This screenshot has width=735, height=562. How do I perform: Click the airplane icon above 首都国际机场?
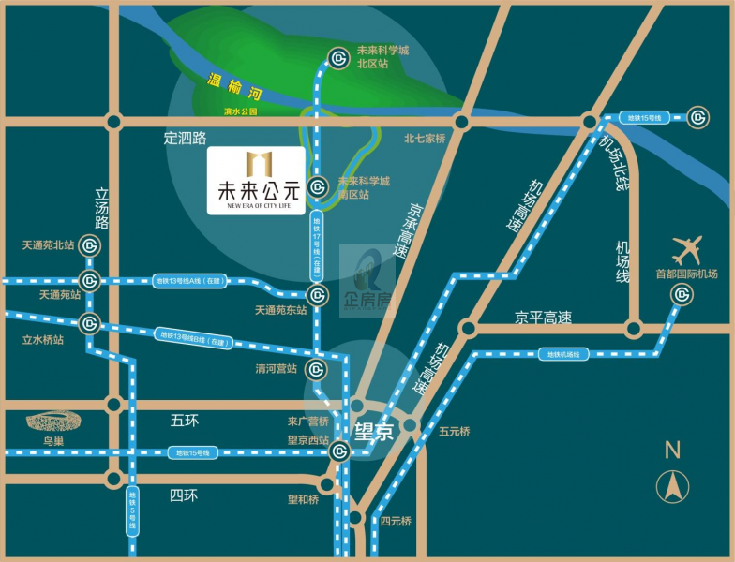[x=687, y=251]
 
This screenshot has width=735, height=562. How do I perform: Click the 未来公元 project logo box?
[x=256, y=181]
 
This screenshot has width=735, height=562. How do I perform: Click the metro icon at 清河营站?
[x=317, y=369]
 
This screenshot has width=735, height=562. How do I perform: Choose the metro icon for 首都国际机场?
[x=681, y=295]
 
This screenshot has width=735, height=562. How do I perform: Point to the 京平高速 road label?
[x=543, y=318]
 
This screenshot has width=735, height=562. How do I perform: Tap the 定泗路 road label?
[x=185, y=139]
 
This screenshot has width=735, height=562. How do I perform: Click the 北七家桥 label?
[x=425, y=139]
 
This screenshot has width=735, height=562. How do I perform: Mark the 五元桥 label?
[x=454, y=432]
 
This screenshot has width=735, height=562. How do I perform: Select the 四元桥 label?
[x=396, y=521]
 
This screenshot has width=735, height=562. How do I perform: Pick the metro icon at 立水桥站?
[x=90, y=324]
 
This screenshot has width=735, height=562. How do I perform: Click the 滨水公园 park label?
[x=240, y=111]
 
